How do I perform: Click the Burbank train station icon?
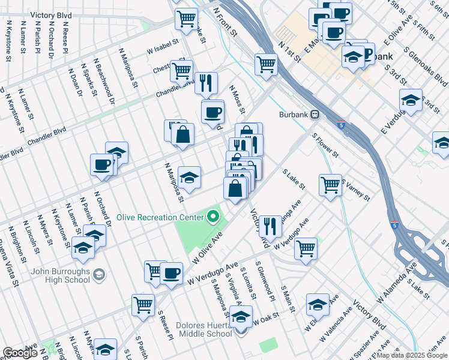click(x=314, y=115)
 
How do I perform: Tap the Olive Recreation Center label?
click(x=160, y=217)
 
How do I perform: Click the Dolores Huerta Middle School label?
click(x=204, y=329)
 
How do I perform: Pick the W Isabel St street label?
click(x=163, y=47)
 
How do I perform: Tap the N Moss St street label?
click(x=238, y=99)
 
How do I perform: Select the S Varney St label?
click(x=357, y=189)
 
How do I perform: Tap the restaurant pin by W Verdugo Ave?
click(x=270, y=226)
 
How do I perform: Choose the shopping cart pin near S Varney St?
click(x=330, y=184)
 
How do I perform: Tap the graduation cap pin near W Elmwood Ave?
click(x=317, y=304)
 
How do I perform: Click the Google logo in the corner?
click(x=20, y=353)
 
